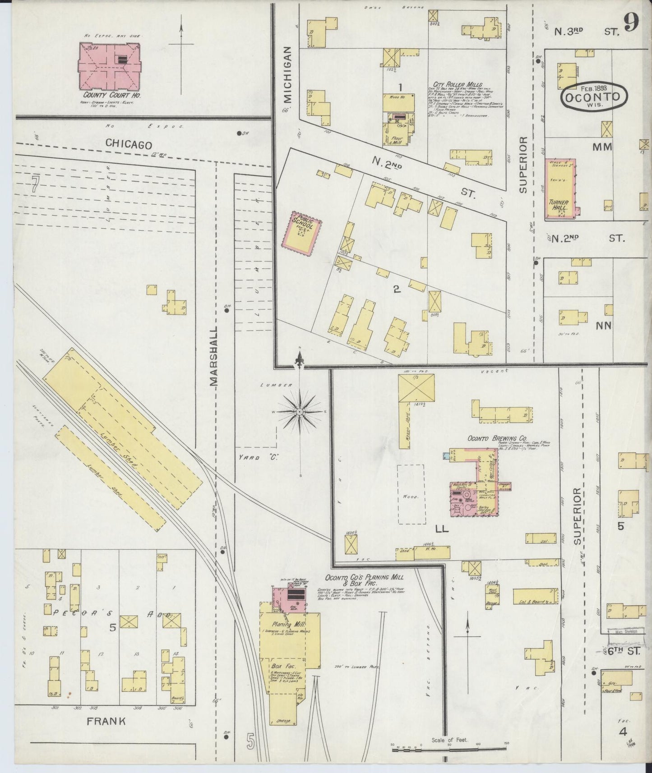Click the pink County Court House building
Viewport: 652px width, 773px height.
(x=109, y=66)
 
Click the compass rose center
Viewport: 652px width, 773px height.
(x=300, y=412)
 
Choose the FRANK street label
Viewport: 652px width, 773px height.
(x=107, y=722)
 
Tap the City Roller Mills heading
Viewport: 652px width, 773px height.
(x=458, y=84)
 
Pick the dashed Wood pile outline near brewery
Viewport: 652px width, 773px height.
(x=412, y=494)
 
